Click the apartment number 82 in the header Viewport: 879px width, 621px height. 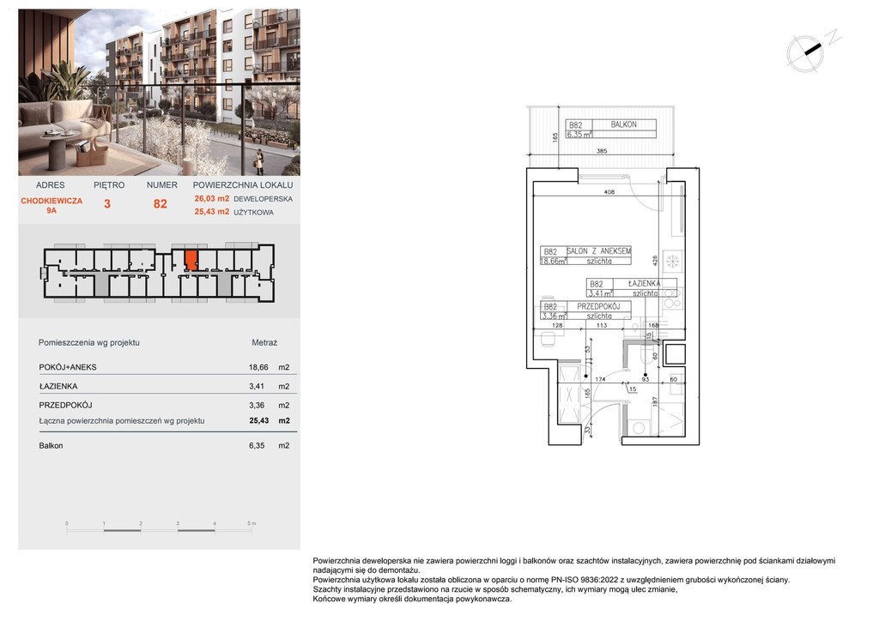161,204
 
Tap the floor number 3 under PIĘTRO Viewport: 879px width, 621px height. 107,204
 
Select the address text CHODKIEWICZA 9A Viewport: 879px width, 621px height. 51,204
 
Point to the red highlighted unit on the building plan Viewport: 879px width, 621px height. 191,259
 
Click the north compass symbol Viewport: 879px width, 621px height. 808,51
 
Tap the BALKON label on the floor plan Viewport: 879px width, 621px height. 623,124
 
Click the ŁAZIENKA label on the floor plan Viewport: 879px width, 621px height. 642,283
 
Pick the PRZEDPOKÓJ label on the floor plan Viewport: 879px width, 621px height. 598,305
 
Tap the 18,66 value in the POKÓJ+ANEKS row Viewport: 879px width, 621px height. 247,367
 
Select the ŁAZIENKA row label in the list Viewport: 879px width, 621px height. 56,386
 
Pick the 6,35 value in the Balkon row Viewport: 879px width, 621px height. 247,446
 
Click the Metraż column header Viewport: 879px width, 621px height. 264,342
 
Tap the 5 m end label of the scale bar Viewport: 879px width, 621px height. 251,523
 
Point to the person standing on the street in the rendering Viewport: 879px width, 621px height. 259,160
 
